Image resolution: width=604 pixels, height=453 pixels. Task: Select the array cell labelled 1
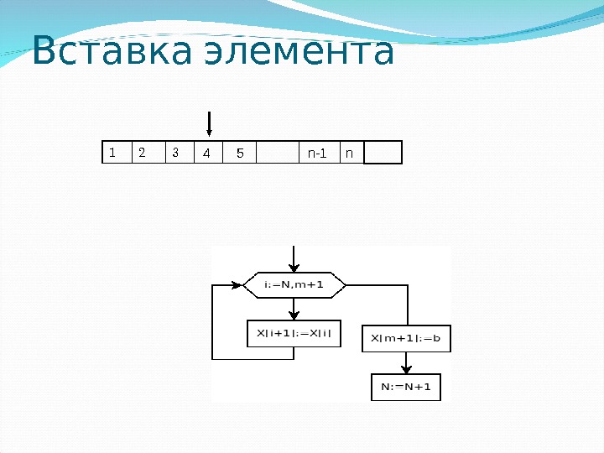(x=116, y=152)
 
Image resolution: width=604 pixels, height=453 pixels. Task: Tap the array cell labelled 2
(x=148, y=152)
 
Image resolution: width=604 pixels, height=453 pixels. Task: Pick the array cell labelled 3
(x=178, y=152)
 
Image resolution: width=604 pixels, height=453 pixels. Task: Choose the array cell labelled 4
(x=207, y=152)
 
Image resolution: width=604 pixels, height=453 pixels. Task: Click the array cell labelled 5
(x=239, y=152)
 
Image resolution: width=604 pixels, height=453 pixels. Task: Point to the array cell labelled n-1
(x=318, y=152)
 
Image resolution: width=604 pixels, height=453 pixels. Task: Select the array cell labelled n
(x=351, y=152)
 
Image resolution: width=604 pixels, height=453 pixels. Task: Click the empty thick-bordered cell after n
(x=383, y=152)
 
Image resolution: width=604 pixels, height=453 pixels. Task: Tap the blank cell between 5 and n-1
(x=277, y=152)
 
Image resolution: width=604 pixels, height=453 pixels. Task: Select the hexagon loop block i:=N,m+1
(x=294, y=284)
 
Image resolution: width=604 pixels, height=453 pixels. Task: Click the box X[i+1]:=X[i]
(x=294, y=334)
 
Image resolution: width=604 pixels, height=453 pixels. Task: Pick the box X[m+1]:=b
(x=406, y=338)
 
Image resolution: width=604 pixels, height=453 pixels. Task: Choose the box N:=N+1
(x=406, y=387)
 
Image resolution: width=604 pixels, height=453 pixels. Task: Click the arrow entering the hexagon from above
(x=294, y=258)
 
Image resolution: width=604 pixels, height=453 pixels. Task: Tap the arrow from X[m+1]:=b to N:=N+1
(x=406, y=362)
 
